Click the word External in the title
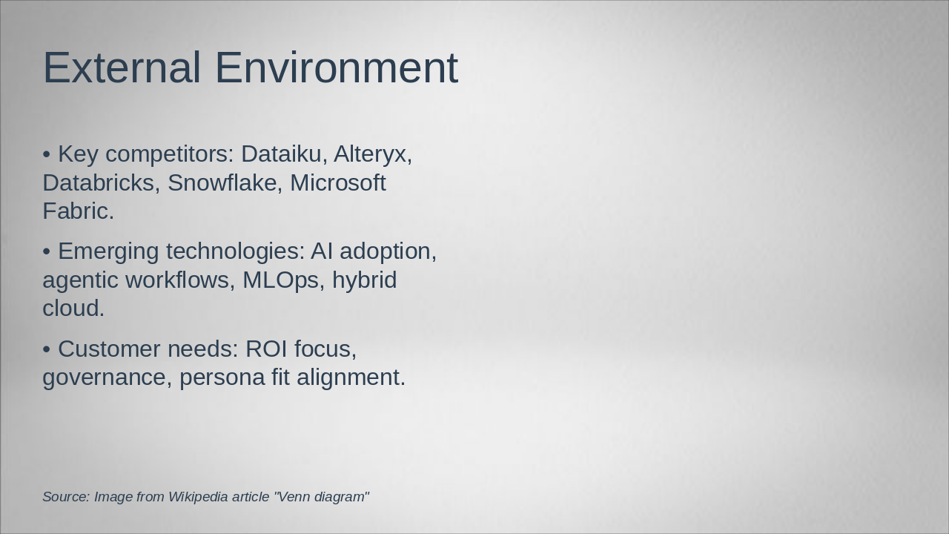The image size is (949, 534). [x=122, y=67]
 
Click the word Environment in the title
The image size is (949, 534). [x=337, y=67]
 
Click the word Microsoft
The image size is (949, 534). [x=338, y=182]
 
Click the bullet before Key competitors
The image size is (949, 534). [x=47, y=154]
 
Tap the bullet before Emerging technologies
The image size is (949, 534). [x=47, y=251]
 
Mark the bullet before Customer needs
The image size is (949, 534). [x=47, y=349]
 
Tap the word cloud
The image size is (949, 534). [x=73, y=308]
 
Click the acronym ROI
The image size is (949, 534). [x=266, y=349]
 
